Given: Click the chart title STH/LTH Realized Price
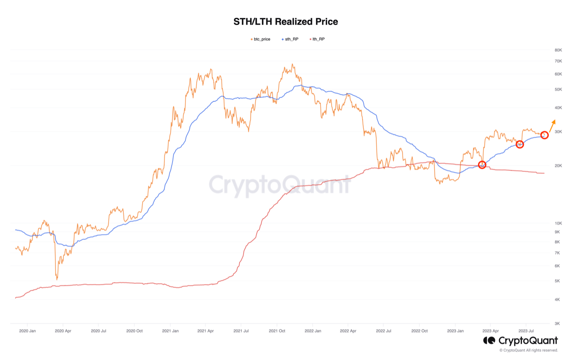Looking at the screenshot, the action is click(x=286, y=22).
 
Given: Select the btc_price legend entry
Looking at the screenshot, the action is click(x=261, y=39).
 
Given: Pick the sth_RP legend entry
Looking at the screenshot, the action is click(x=290, y=39).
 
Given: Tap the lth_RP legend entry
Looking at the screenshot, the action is click(x=317, y=39).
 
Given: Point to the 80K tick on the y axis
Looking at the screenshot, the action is click(x=558, y=50).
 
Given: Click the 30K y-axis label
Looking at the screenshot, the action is click(x=558, y=132).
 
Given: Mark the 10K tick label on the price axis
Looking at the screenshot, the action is click(x=558, y=223).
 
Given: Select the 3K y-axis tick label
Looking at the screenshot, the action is click(x=557, y=323).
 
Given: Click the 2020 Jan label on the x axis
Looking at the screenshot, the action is click(x=28, y=331).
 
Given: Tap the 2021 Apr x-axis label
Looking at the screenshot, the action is click(x=206, y=331).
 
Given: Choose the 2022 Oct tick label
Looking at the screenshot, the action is click(x=420, y=331).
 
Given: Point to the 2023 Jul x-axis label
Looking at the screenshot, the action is click(x=526, y=331).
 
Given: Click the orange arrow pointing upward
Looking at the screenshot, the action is click(x=552, y=126).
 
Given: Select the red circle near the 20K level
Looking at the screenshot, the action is click(x=482, y=161).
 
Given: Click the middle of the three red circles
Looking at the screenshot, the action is click(x=520, y=141).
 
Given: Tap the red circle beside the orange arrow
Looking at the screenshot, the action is click(x=544, y=131).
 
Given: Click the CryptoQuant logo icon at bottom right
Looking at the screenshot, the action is click(x=489, y=341).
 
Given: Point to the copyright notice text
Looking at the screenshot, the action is click(x=529, y=350).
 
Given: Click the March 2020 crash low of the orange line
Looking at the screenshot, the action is click(x=57, y=280).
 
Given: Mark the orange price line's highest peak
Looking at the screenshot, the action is click(x=293, y=64).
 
